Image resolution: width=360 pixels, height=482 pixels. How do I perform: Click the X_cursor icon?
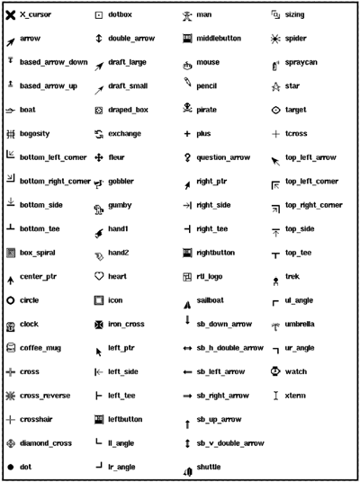[x=10, y=15]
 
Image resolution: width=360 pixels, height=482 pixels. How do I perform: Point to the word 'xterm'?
[x=295, y=395]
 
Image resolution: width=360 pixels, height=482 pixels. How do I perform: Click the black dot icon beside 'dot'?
[x=10, y=467]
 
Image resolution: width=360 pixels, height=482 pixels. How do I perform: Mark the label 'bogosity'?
[x=37, y=133]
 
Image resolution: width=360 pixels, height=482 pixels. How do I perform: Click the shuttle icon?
[x=186, y=468]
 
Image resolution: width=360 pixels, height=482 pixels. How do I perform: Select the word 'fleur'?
[x=117, y=157]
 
